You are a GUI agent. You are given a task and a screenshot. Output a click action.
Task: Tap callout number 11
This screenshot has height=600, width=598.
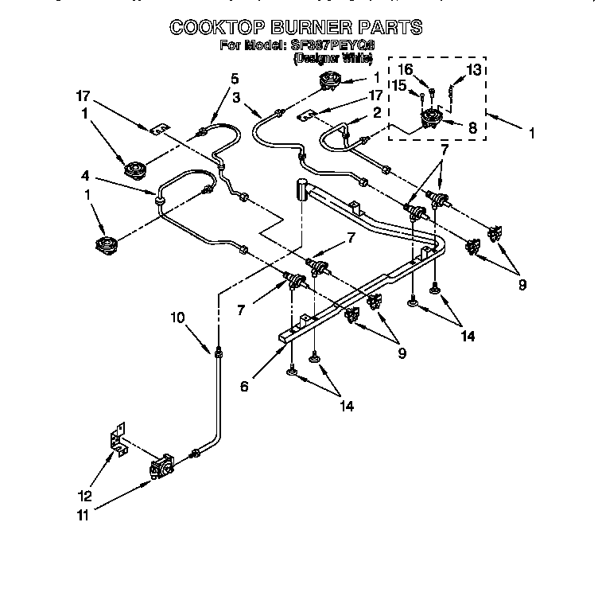(82, 515)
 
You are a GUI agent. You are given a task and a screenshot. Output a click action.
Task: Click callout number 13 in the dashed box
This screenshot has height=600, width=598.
(474, 70)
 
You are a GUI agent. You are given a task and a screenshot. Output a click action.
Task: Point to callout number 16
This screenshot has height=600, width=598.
(406, 70)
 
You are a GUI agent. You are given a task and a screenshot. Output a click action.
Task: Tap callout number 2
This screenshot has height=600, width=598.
(379, 112)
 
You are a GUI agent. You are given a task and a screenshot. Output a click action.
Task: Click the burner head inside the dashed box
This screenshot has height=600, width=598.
(432, 122)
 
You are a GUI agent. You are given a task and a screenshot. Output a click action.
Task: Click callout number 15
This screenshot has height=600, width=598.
(400, 84)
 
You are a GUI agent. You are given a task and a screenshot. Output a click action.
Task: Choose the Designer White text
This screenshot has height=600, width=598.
(333, 58)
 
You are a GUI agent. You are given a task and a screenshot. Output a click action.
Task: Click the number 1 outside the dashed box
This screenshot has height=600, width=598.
(530, 134)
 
